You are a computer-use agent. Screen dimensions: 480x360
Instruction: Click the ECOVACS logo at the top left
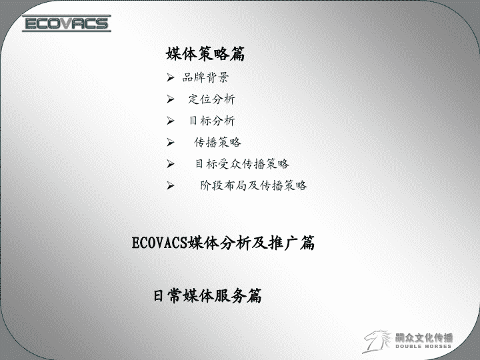[x=67, y=23]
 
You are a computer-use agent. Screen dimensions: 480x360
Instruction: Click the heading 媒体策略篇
[x=205, y=54]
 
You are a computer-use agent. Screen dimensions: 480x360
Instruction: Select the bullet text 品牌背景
[x=205, y=77]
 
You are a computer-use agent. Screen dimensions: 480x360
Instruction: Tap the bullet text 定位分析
[x=211, y=99]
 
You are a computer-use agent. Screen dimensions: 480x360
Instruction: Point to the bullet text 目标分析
[x=212, y=121]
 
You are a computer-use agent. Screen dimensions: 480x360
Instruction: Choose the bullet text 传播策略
[x=217, y=143]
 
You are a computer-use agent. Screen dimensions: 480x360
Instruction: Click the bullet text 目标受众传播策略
[x=242, y=164]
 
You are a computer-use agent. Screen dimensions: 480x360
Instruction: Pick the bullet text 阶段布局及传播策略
[x=253, y=185]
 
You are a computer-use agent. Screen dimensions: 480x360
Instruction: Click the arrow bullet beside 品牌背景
[x=171, y=77]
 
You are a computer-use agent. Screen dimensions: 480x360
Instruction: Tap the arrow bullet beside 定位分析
[x=171, y=99]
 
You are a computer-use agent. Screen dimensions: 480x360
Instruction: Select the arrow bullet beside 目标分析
[x=171, y=121]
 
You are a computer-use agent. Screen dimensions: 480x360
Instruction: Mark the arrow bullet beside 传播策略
[x=171, y=143]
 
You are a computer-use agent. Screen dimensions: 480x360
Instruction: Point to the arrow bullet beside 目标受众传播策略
[x=171, y=164]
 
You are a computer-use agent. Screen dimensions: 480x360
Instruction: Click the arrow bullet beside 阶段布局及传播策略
[x=171, y=185]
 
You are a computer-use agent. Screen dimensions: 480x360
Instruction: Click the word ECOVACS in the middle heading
[x=159, y=243]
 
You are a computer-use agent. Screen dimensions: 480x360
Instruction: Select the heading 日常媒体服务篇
[x=207, y=296]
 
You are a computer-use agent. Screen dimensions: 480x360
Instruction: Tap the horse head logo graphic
[x=377, y=341]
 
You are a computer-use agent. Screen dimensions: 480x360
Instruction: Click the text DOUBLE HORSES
[x=423, y=346]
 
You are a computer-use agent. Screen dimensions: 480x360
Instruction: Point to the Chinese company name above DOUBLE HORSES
[x=424, y=337]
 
